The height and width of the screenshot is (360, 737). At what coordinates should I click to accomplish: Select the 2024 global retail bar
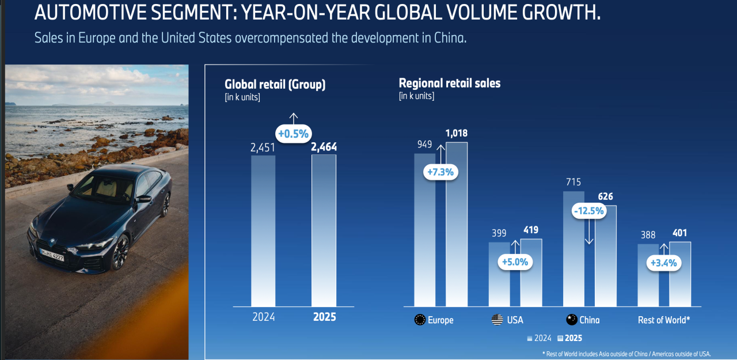263,230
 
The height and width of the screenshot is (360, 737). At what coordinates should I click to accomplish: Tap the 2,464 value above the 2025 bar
324,147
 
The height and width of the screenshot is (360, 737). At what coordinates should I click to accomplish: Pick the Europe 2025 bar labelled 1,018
457,225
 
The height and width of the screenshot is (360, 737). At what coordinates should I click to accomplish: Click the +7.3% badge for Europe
440,172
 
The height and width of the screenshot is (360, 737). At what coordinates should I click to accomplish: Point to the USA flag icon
497,320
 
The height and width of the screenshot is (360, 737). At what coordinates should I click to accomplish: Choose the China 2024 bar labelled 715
573,248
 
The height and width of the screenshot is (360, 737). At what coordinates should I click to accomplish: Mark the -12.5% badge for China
588,211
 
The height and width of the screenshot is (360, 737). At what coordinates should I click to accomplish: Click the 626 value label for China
605,197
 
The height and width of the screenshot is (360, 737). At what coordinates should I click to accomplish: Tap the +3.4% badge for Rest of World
663,263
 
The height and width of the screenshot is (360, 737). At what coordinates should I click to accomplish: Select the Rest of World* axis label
664,320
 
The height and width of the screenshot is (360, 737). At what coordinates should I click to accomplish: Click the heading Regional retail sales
450,83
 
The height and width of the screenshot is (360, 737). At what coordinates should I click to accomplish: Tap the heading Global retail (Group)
275,84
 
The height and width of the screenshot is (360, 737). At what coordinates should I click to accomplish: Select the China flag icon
572,320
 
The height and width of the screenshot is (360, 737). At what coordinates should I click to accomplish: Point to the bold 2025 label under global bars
324,317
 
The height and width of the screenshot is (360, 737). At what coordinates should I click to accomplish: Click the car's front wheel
120,253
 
